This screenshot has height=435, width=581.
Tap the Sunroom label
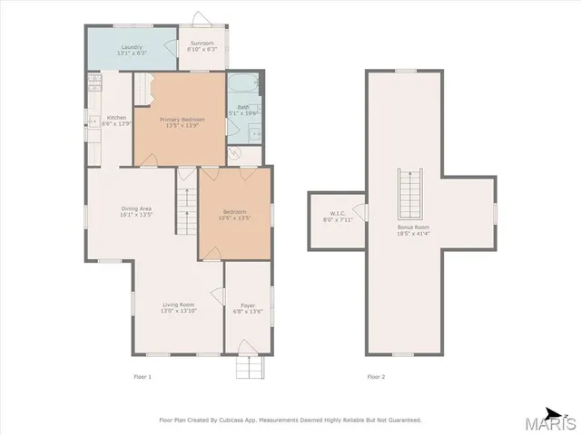click(202, 45)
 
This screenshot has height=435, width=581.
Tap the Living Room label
click(179, 307)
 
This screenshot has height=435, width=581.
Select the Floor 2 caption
click(376, 376)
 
